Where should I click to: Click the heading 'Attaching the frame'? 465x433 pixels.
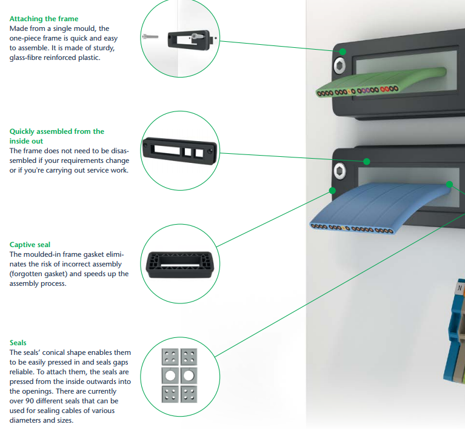[x=44, y=19]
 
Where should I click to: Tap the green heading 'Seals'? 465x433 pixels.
[x=18, y=343]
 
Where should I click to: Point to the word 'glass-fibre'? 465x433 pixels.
[x=28, y=58]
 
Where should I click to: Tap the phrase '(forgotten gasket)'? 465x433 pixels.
[x=38, y=274]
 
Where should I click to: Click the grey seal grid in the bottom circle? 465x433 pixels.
[x=179, y=375]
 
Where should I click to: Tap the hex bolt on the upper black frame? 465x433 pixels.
[x=337, y=64]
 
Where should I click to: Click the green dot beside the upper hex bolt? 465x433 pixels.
[x=343, y=52]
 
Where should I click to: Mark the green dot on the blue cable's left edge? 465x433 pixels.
[x=332, y=190]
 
